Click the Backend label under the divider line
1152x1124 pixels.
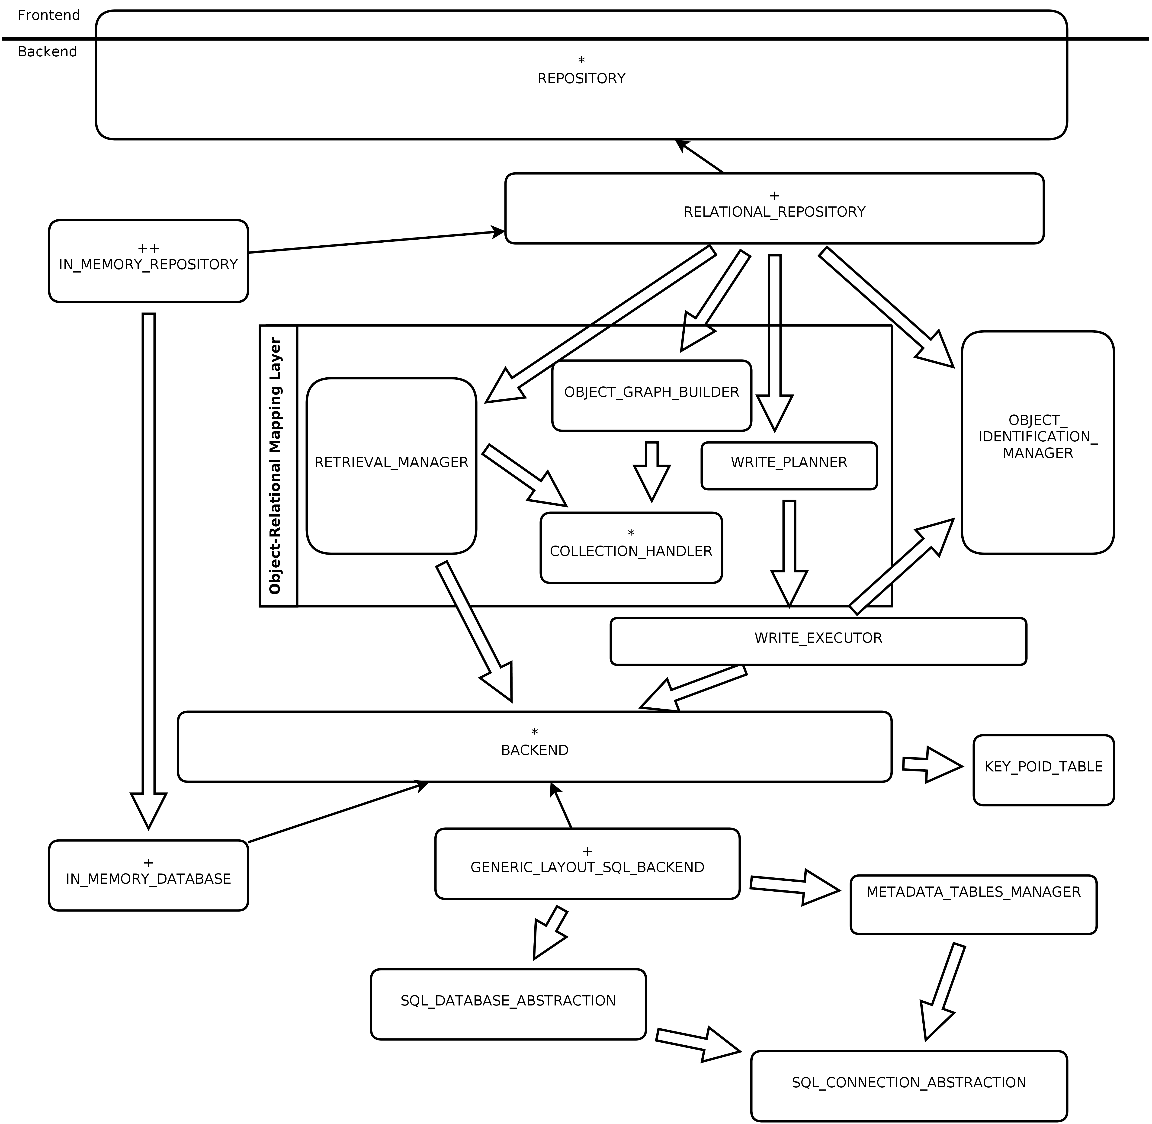[x=47, y=52]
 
